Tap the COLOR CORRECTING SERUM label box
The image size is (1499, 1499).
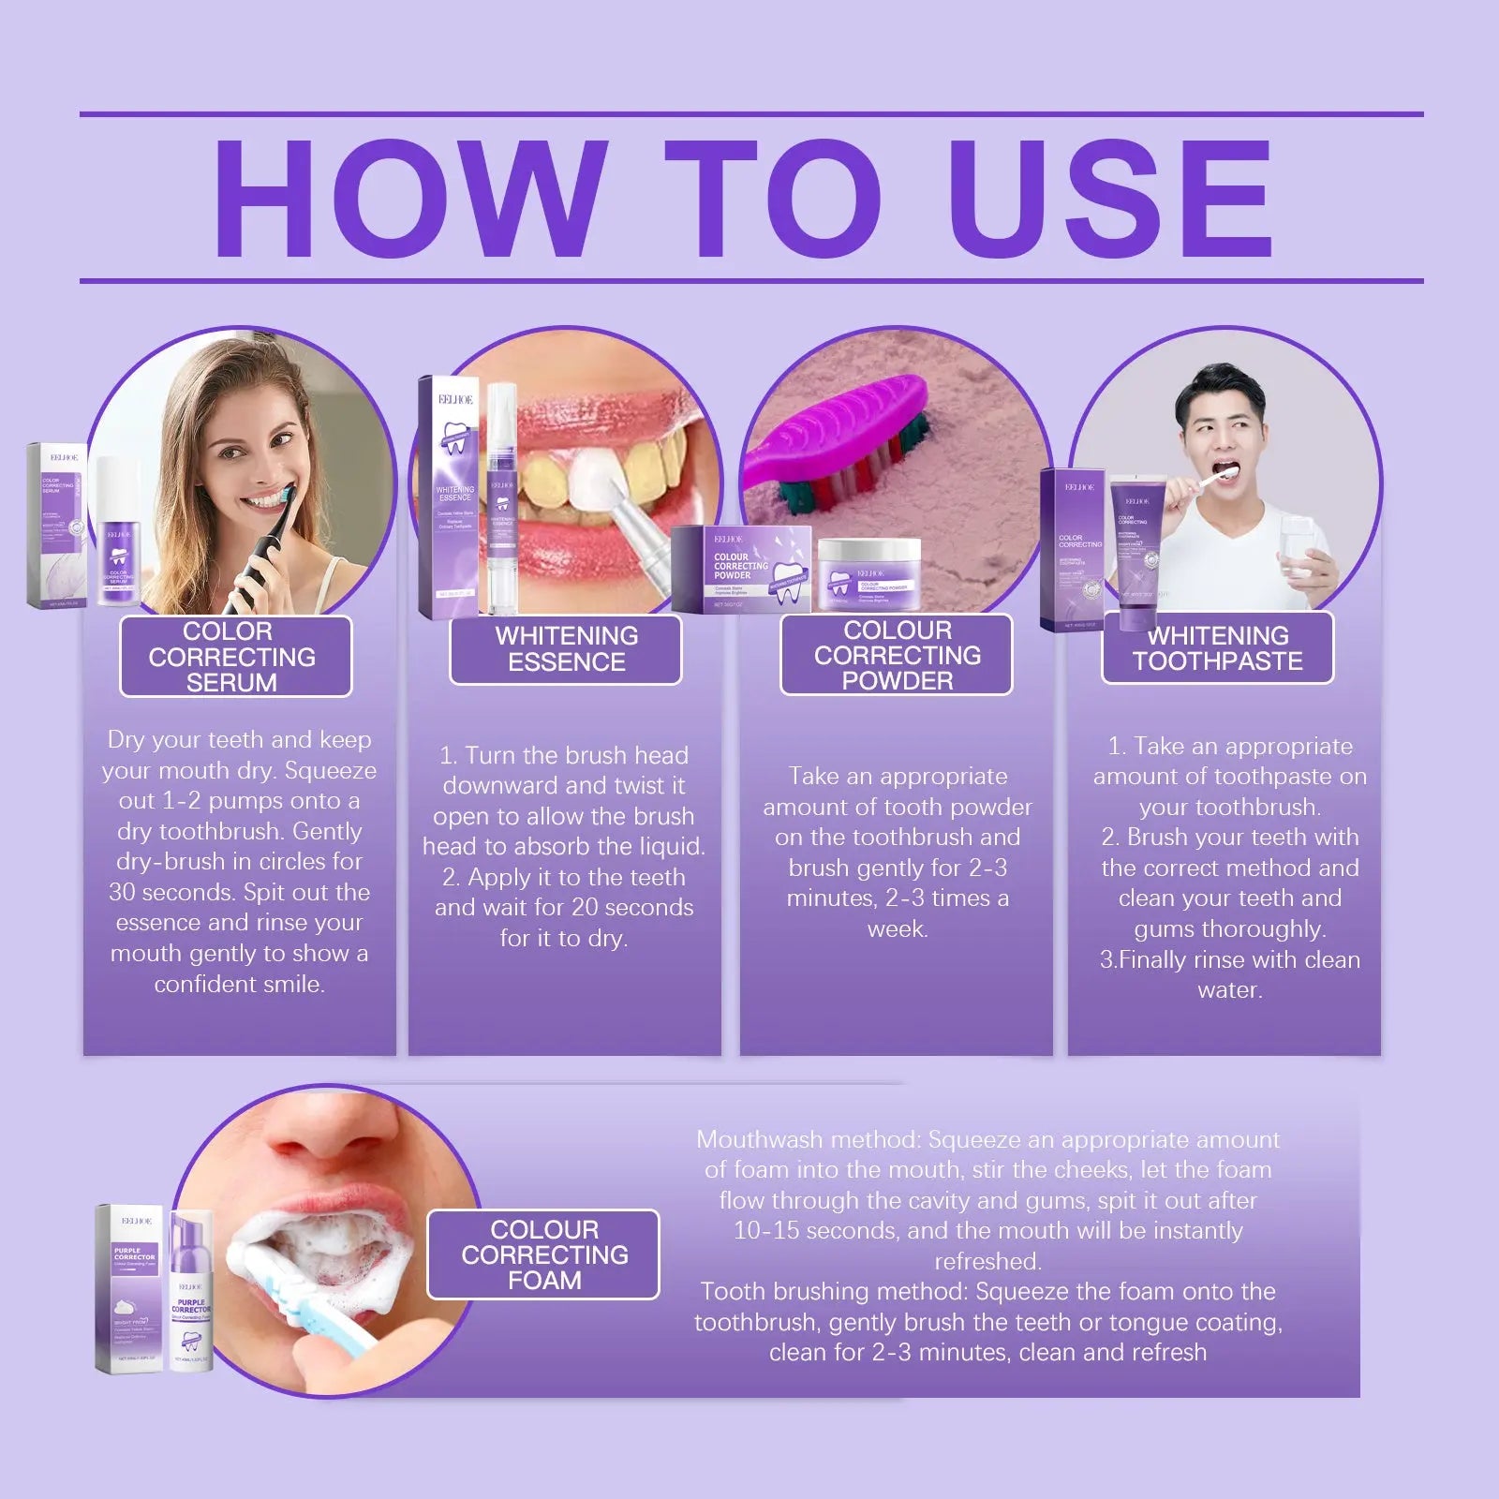[235, 656]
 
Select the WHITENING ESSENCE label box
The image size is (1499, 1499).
[566, 648]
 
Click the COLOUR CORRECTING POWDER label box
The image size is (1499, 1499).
[897, 655]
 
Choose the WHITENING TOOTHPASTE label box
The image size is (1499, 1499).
[1217, 648]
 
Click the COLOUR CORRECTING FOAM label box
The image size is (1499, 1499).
[543, 1254]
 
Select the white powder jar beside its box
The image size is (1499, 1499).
[868, 576]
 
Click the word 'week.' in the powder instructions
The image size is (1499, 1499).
[897, 928]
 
